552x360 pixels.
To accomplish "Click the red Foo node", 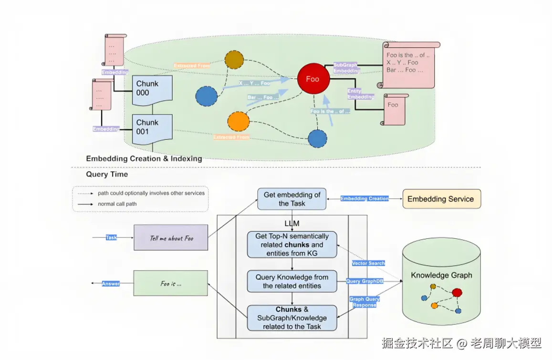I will click(313, 79).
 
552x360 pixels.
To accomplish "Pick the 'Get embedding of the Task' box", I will click(292, 199).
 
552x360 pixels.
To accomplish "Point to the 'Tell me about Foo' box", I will click(171, 237).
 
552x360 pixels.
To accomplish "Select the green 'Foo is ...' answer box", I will click(171, 283).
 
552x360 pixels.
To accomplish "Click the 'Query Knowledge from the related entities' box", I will click(292, 281).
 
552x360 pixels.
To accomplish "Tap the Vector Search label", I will click(368, 263).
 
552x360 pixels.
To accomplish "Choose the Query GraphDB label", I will click(365, 281).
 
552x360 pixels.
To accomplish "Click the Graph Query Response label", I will click(365, 302).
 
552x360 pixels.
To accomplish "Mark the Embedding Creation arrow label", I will click(365, 199).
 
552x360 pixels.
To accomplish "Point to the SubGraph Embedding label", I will click(347, 68).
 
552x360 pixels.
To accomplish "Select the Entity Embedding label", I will click(361, 93).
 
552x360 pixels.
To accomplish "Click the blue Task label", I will click(111, 237).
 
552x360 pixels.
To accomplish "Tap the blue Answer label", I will click(111, 284).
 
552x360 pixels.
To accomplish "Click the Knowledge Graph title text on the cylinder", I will click(441, 275).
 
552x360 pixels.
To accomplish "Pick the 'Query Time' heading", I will click(107, 175).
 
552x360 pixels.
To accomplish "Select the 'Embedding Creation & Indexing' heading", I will click(144, 159).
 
